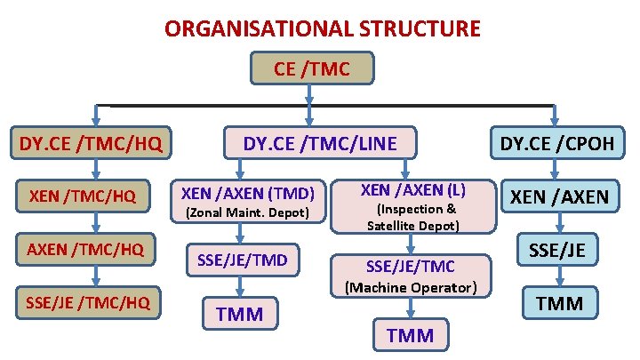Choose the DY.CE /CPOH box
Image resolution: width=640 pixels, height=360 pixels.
tap(556, 143)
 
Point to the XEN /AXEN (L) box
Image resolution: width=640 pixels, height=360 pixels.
tap(413, 189)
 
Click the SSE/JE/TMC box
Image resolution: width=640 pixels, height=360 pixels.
tap(412, 266)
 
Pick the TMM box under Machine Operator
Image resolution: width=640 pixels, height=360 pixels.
tap(411, 334)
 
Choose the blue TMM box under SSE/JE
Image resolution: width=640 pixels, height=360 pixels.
tap(559, 304)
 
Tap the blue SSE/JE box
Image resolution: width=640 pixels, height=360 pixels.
tap(559, 250)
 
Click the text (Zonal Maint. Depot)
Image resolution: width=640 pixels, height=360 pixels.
tap(246, 213)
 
